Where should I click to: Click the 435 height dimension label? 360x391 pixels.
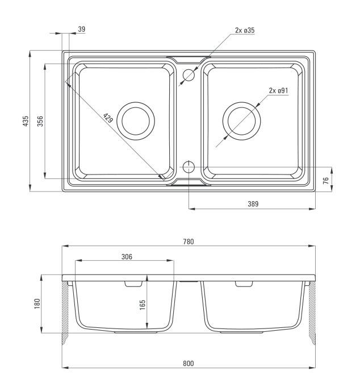(26, 121)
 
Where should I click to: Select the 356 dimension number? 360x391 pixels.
(40, 121)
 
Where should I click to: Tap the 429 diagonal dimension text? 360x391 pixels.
(108, 118)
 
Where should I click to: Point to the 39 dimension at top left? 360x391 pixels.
(81, 29)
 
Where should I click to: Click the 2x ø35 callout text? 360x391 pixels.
(245, 31)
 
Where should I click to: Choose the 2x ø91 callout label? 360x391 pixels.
(278, 90)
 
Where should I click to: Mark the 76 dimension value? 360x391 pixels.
(325, 181)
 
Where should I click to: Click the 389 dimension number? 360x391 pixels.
(253, 204)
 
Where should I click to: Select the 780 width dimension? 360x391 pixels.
(189, 242)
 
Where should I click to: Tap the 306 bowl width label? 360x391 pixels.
(127, 257)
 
